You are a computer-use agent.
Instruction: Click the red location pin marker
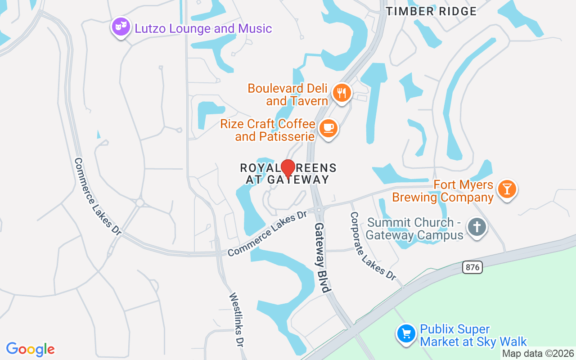pos(288,169)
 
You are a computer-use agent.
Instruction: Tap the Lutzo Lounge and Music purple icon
pos(121,27)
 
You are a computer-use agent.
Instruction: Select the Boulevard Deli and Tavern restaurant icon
pos(342,93)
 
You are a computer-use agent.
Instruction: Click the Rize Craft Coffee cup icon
pos(328,128)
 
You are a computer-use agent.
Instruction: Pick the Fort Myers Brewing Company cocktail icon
pos(507,189)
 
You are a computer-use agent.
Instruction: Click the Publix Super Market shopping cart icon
pos(406,333)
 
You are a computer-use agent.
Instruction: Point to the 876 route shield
pos(472,267)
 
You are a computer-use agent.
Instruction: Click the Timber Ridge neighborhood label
pos(431,11)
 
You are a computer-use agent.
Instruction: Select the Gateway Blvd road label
pos(323,257)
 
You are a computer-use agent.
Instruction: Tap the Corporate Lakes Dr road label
pos(373,246)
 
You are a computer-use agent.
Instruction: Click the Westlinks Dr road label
pos(236,319)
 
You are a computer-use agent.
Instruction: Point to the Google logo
pos(31,349)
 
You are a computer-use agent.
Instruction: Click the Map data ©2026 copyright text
pos(538,354)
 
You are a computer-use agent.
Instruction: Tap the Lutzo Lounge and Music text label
pos(203,29)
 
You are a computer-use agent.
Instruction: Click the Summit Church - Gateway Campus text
pos(414,229)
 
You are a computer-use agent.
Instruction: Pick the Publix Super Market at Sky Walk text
pos(473,336)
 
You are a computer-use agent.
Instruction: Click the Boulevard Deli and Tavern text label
pos(288,94)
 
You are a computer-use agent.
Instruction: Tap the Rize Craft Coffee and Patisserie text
pos(268,130)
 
